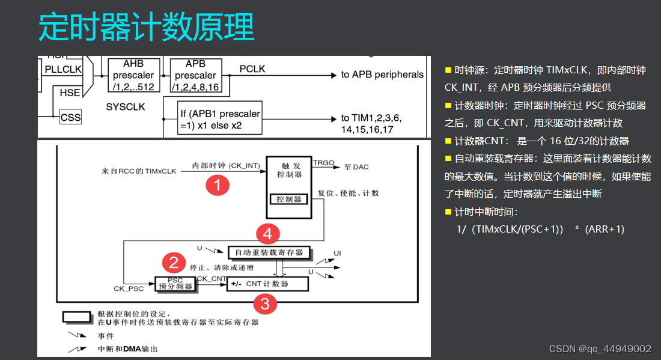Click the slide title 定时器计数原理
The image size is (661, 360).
tap(146, 27)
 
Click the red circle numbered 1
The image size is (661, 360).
tap(218, 186)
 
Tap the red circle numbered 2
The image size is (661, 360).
tap(174, 263)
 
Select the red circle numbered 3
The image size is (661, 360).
tap(266, 304)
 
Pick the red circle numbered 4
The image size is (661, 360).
tap(268, 233)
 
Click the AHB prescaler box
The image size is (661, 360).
tap(133, 75)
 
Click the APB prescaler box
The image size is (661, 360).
tap(195, 75)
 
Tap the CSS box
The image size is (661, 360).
tap(70, 118)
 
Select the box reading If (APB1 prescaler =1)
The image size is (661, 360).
tap(220, 118)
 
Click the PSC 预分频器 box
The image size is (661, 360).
tap(175, 284)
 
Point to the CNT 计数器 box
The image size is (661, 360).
tap(267, 284)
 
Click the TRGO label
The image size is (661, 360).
tap(324, 162)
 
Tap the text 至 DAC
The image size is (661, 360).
tap(356, 166)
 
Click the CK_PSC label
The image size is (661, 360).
tap(129, 288)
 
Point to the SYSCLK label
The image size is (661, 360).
tap(126, 107)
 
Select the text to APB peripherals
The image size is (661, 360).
tap(382, 75)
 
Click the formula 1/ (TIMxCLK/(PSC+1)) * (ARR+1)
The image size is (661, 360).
tap(540, 229)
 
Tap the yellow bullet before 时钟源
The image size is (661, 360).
tap(448, 70)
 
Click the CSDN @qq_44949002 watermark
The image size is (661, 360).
tap(600, 349)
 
